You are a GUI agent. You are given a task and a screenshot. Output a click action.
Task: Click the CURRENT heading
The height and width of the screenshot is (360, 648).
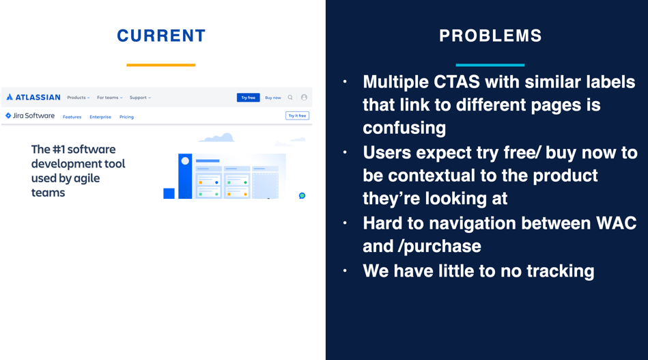pos(161,36)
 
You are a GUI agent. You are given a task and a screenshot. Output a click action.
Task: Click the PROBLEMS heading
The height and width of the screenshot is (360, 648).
pos(490,36)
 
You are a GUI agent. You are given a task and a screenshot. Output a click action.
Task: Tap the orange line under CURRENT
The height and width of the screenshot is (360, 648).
pos(160,65)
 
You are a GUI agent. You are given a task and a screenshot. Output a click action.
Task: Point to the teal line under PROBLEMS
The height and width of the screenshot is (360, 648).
pos(490,65)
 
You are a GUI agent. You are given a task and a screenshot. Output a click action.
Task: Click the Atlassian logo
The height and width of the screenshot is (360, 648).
pos(33,98)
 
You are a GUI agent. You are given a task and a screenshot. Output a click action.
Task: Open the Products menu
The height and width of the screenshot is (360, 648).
pos(79,98)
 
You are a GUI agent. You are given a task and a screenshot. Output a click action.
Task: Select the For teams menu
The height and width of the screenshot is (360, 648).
pos(109,98)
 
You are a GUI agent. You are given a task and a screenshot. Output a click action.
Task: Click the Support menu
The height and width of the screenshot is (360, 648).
pos(140,98)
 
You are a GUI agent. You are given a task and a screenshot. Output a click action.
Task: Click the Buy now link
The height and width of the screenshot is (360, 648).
pos(272,98)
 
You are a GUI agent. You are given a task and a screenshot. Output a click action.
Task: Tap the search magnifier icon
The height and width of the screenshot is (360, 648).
pos(290,98)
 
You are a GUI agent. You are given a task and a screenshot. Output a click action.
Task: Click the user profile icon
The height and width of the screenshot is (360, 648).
pos(304,98)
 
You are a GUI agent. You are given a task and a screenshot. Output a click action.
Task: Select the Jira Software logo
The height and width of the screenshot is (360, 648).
pos(30,115)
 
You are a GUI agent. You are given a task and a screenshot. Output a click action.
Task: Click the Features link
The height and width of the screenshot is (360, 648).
pos(72,117)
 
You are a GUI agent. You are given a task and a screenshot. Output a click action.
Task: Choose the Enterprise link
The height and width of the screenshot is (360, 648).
pos(100,117)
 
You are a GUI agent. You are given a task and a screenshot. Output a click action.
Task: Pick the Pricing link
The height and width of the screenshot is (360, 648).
pos(126,117)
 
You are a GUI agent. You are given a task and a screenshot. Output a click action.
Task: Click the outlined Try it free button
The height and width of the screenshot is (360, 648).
pos(297,115)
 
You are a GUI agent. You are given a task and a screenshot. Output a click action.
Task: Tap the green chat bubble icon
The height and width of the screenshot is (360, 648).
pos(302,195)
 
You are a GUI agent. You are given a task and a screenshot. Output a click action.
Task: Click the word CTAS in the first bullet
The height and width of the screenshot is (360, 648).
pos(457,82)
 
